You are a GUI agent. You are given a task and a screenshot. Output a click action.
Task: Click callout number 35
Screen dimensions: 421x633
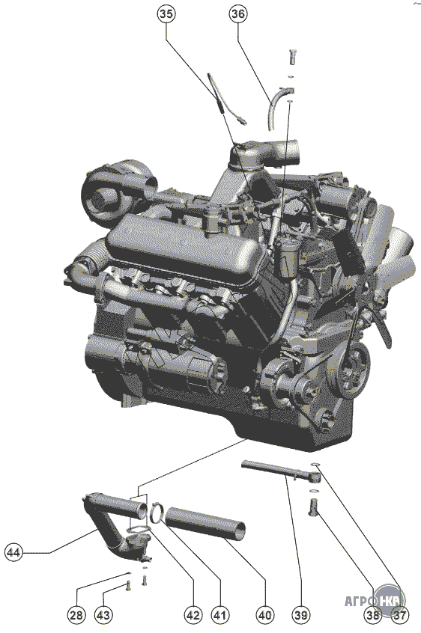click(166, 13)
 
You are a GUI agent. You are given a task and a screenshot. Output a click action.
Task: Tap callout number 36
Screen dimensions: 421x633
click(238, 13)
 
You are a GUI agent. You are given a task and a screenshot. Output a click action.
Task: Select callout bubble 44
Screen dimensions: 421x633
click(14, 552)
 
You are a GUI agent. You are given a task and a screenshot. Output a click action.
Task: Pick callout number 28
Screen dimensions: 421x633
click(76, 615)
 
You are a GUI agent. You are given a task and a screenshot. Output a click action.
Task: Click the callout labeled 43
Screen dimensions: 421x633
click(103, 615)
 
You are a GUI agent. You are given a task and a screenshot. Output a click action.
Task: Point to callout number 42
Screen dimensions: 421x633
click(193, 615)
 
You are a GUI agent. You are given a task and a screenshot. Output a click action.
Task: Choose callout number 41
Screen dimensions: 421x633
click(219, 615)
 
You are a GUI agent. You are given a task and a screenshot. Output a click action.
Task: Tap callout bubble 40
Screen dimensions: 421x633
click(264, 615)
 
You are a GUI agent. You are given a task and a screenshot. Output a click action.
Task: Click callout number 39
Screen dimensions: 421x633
click(301, 615)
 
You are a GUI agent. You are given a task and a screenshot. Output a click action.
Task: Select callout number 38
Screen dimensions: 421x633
click(372, 615)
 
